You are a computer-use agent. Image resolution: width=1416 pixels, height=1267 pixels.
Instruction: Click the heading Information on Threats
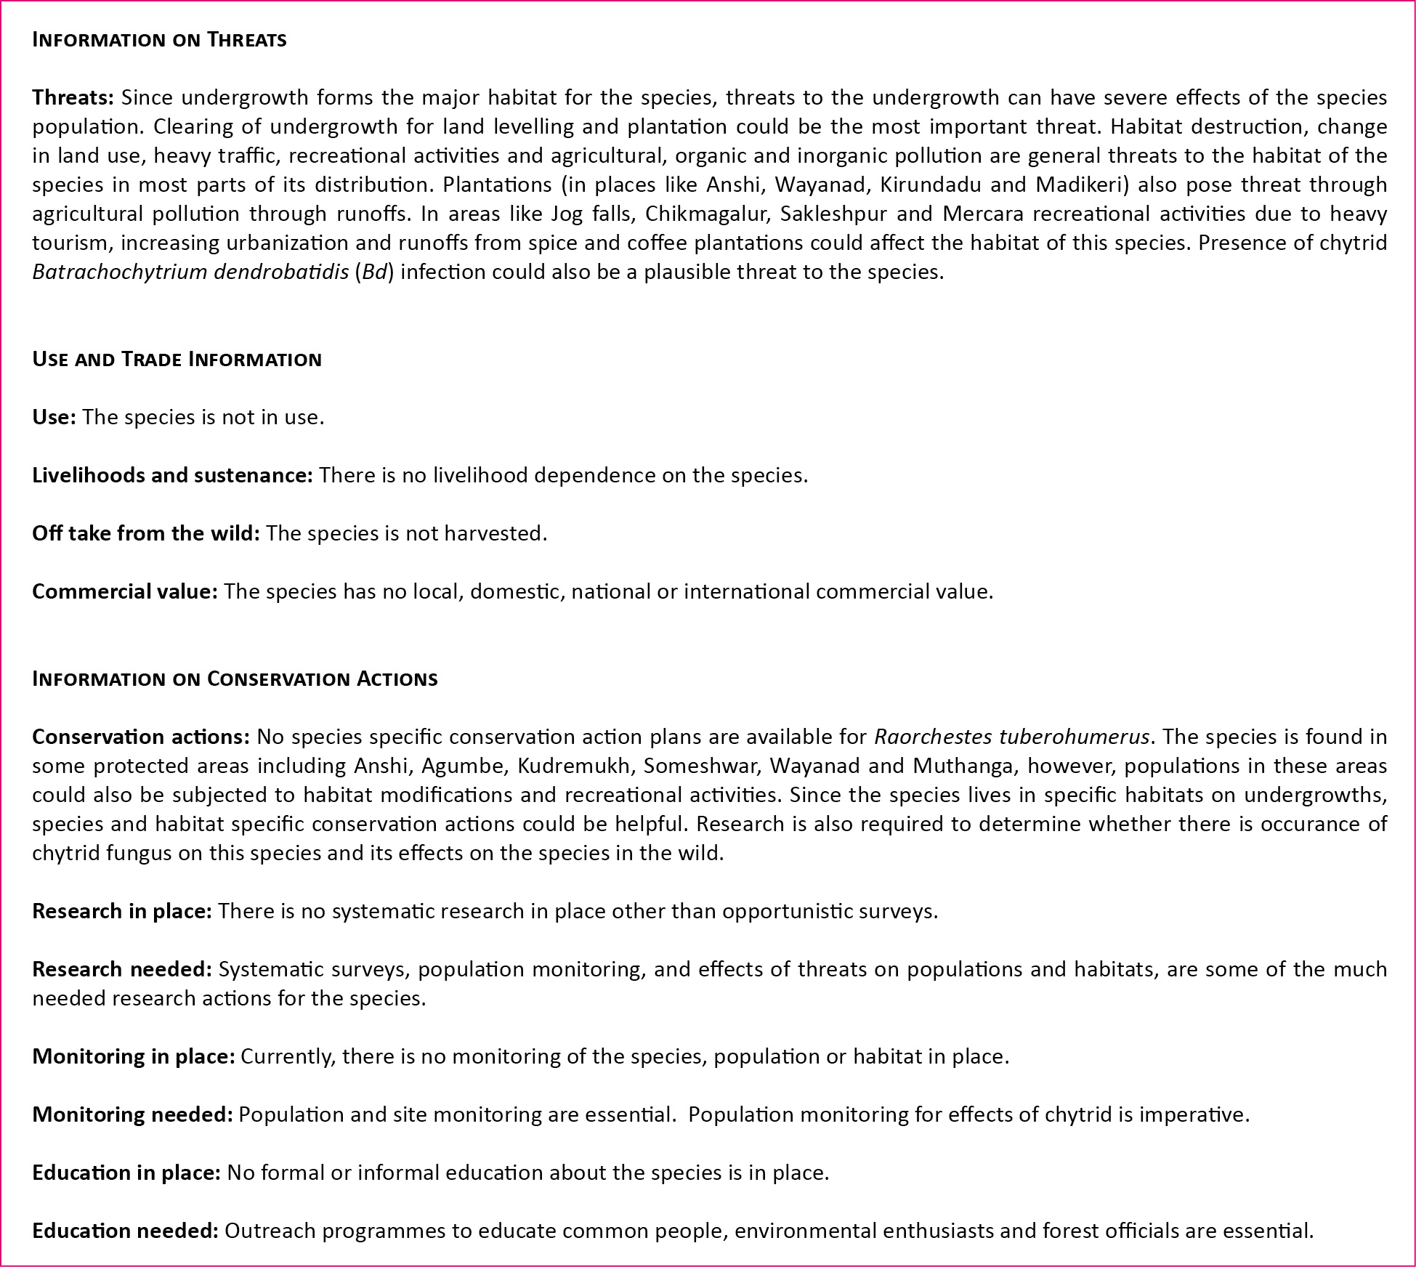159,39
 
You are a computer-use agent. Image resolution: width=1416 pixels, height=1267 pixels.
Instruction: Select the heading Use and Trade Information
177,359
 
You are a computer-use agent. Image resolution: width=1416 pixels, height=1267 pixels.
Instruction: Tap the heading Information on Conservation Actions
235,679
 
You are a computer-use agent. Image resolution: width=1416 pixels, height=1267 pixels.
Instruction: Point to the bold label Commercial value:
124,591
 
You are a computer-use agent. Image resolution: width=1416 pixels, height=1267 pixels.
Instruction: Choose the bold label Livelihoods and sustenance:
172,475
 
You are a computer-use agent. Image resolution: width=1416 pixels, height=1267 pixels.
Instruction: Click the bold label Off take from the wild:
145,533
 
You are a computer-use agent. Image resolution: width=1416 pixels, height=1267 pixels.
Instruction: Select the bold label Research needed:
121,969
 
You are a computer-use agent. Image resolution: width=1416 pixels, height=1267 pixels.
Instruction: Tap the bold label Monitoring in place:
133,1056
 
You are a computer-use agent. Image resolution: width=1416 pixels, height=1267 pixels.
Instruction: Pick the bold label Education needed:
125,1231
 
